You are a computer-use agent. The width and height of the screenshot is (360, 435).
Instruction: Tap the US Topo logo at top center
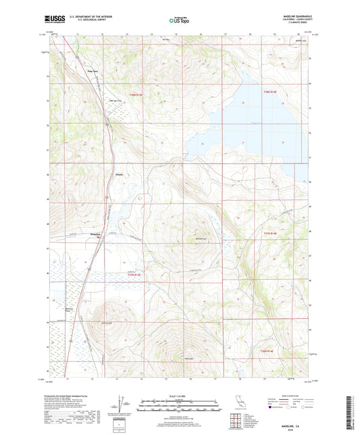[x=179, y=21]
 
